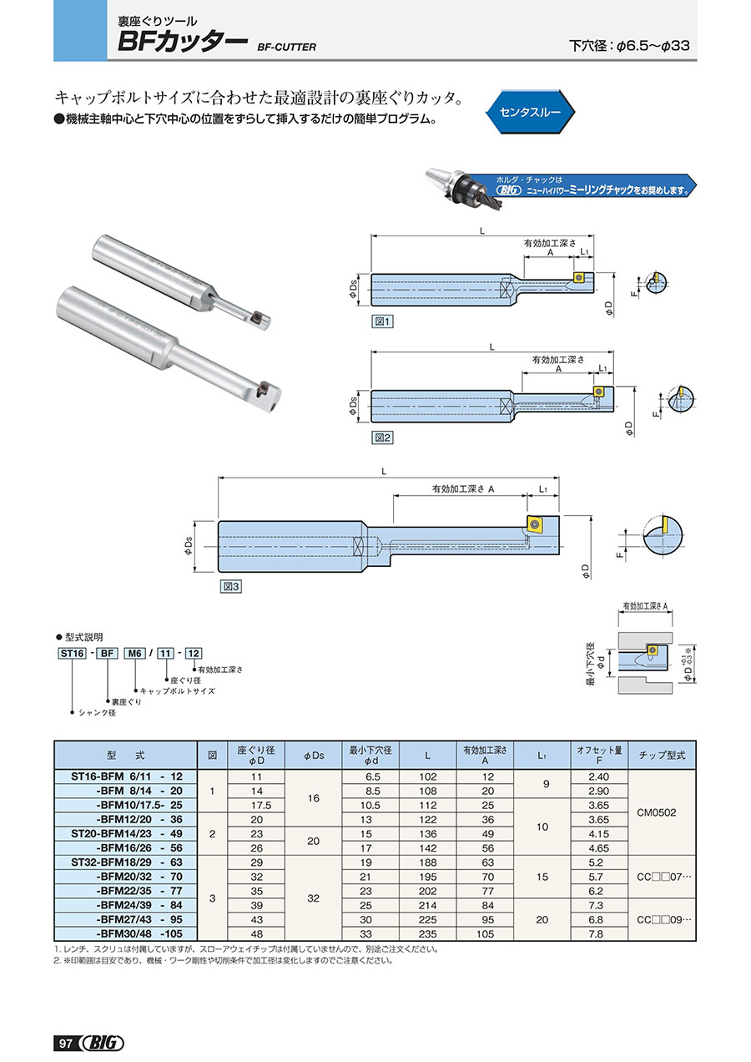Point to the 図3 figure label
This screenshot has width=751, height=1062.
(230, 587)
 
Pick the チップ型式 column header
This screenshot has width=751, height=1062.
(662, 755)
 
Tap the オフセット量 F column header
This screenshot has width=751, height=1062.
(599, 755)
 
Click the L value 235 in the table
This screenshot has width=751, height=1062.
(427, 933)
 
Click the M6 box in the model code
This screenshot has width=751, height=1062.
(133, 654)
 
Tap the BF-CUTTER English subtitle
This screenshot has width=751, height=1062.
(287, 48)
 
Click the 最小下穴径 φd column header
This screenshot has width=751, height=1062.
(370, 755)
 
